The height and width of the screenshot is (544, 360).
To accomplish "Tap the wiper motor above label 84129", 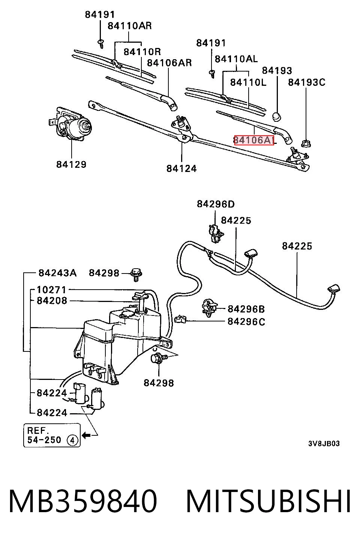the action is (70, 125).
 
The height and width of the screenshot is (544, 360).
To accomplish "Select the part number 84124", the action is (181, 168).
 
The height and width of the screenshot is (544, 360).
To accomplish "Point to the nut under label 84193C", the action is (306, 143).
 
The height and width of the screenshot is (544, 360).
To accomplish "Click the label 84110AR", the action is (129, 25).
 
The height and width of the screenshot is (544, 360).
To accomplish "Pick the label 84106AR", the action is (169, 63).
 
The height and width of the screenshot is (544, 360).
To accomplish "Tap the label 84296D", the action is (216, 204).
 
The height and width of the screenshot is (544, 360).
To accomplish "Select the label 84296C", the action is (246, 321).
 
